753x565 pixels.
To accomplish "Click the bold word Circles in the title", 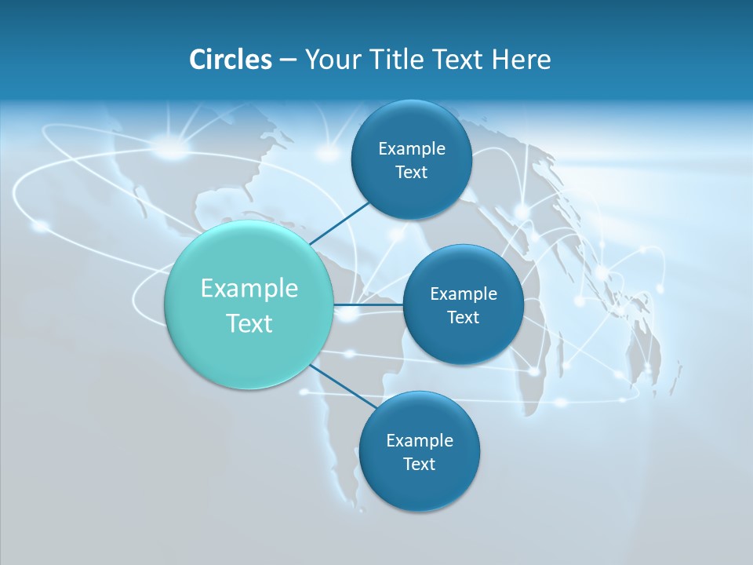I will pyautogui.click(x=231, y=60).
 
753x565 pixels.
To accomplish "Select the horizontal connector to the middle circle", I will pyautogui.click(x=368, y=304).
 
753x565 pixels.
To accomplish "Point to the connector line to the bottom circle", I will pyautogui.click(x=343, y=386).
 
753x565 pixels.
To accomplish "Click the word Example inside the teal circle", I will pyautogui.click(x=249, y=289).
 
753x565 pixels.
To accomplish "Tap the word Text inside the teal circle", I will pyautogui.click(x=249, y=323).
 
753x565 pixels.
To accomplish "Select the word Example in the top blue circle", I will pyautogui.click(x=412, y=149).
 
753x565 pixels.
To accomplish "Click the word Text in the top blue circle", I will pyautogui.click(x=411, y=173).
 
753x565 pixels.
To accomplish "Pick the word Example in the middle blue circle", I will pyautogui.click(x=464, y=294).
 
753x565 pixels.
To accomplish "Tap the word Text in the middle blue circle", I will pyautogui.click(x=463, y=318).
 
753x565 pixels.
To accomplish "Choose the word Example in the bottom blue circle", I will pyautogui.click(x=420, y=441).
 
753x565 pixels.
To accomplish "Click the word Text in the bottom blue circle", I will pyautogui.click(x=419, y=465).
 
